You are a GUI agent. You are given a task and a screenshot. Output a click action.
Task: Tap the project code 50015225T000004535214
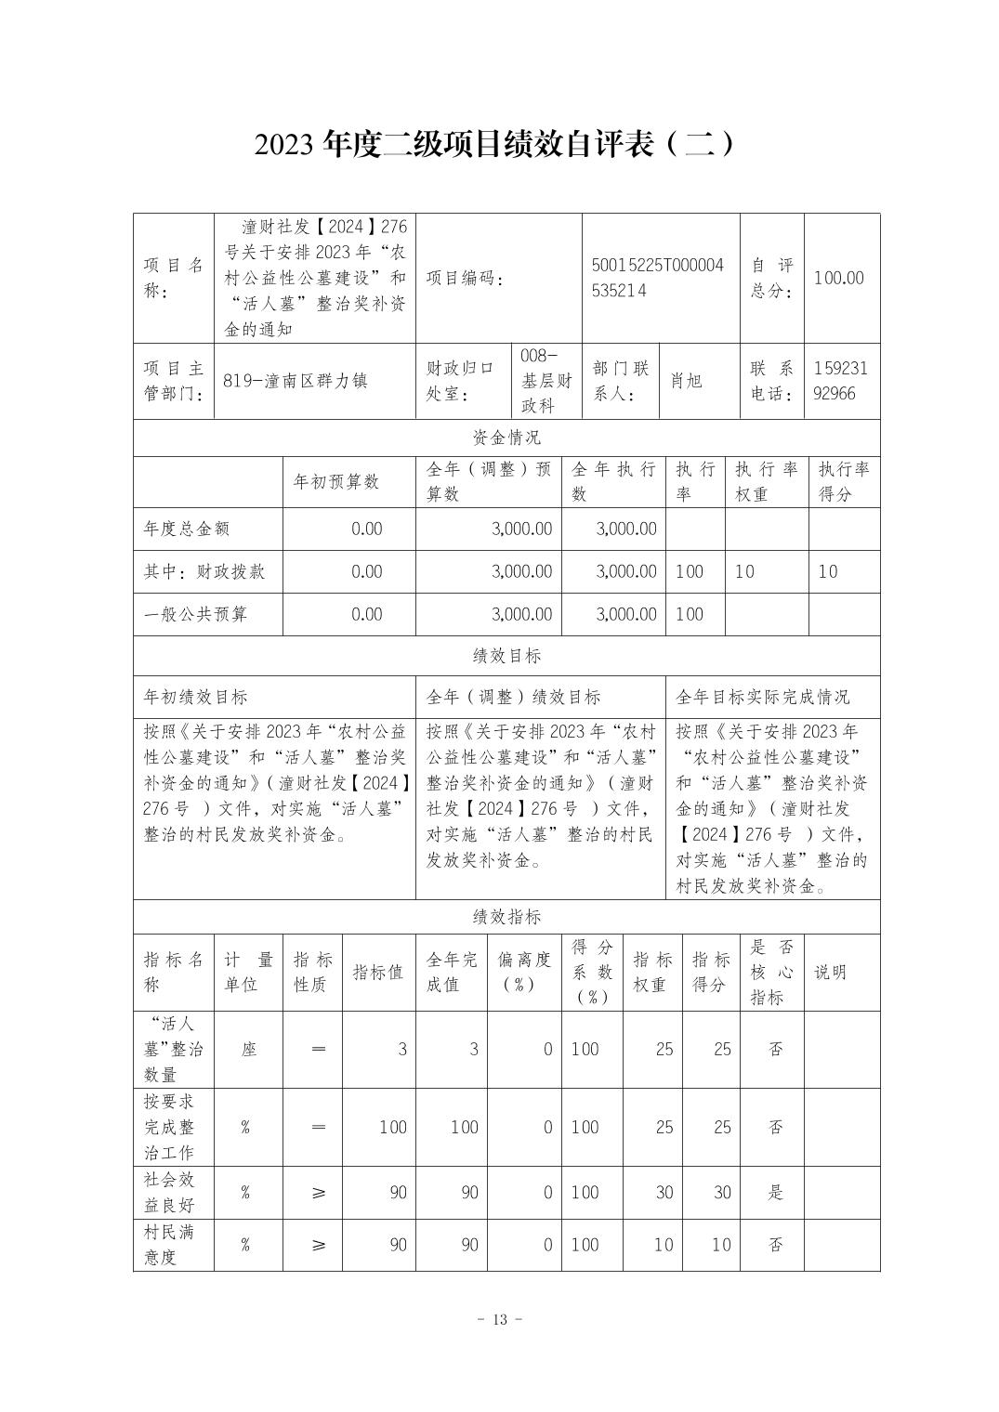point(657,278)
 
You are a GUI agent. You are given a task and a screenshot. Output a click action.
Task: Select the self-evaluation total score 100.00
point(838,278)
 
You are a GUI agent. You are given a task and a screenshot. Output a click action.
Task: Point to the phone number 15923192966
point(840,381)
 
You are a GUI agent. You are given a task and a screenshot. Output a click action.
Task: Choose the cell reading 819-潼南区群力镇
point(296,381)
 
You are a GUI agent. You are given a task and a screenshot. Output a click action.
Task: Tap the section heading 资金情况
point(506,438)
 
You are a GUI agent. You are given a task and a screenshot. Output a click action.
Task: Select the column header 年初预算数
point(336,481)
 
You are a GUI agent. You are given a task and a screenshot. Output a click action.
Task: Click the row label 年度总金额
point(187,529)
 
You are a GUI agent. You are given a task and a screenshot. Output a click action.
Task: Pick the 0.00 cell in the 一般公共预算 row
point(366,614)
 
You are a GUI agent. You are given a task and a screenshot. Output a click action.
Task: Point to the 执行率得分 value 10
point(827,571)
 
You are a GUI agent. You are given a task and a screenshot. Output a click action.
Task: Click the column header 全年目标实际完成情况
point(762,697)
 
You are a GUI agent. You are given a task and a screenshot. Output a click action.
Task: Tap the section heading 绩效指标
point(506,917)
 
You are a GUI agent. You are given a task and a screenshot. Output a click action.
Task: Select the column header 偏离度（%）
point(525,972)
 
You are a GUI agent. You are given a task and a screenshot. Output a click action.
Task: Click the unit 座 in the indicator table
point(248,1050)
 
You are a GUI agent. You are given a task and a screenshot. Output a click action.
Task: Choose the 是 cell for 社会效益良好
point(776,1193)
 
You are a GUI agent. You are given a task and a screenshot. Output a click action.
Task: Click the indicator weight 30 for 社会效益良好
point(664,1193)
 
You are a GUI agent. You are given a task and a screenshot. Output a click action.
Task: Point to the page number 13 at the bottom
point(500,1320)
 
